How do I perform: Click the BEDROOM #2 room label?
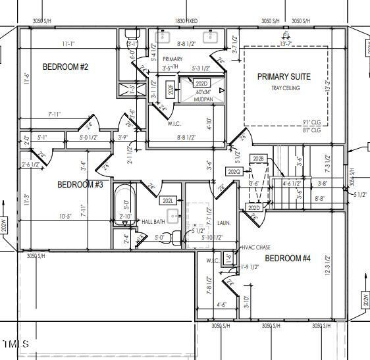(x=65, y=66)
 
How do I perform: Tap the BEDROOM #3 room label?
(x=80, y=184)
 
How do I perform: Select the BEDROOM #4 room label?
(x=287, y=259)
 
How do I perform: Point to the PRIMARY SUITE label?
(x=284, y=77)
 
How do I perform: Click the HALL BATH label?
(x=153, y=222)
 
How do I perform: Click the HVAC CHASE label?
(x=256, y=247)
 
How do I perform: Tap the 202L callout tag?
(x=168, y=200)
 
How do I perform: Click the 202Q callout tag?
(x=234, y=172)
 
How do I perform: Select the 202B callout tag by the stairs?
(x=257, y=159)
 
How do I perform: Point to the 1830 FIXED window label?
(x=186, y=21)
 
